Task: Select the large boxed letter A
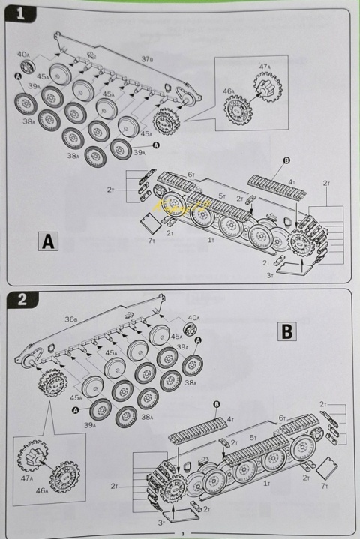click(x=47, y=241)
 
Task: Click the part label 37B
click(x=147, y=59)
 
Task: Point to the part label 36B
click(x=70, y=319)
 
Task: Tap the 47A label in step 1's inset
click(x=265, y=67)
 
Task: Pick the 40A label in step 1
click(x=22, y=55)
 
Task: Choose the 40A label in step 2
click(x=193, y=318)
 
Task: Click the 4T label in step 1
click(x=292, y=182)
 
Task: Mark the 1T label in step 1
click(x=211, y=241)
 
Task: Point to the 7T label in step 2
click(x=323, y=486)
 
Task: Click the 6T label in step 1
click(x=191, y=175)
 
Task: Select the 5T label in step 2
click(x=253, y=436)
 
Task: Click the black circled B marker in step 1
click(x=286, y=160)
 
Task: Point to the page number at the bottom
click(x=181, y=533)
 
